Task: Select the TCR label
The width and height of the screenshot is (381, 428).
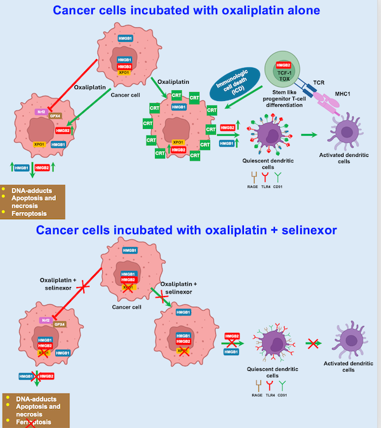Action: [x=317, y=83]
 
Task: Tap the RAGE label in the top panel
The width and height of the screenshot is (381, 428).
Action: [x=251, y=169]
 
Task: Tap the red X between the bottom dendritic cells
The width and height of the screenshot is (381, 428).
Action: [x=312, y=344]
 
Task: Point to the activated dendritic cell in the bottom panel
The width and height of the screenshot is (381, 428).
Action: [x=348, y=340]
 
